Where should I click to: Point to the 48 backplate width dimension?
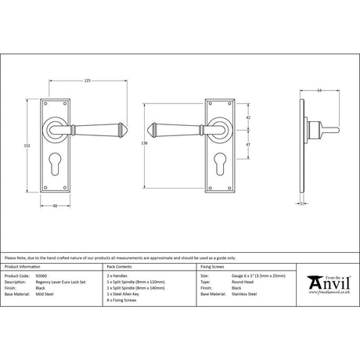coord(56,206)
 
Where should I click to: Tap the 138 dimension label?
coord(142,146)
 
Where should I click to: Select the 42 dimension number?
coord(249,117)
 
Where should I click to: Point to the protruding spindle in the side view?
coord(329,127)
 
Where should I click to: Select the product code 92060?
coord(41,276)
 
